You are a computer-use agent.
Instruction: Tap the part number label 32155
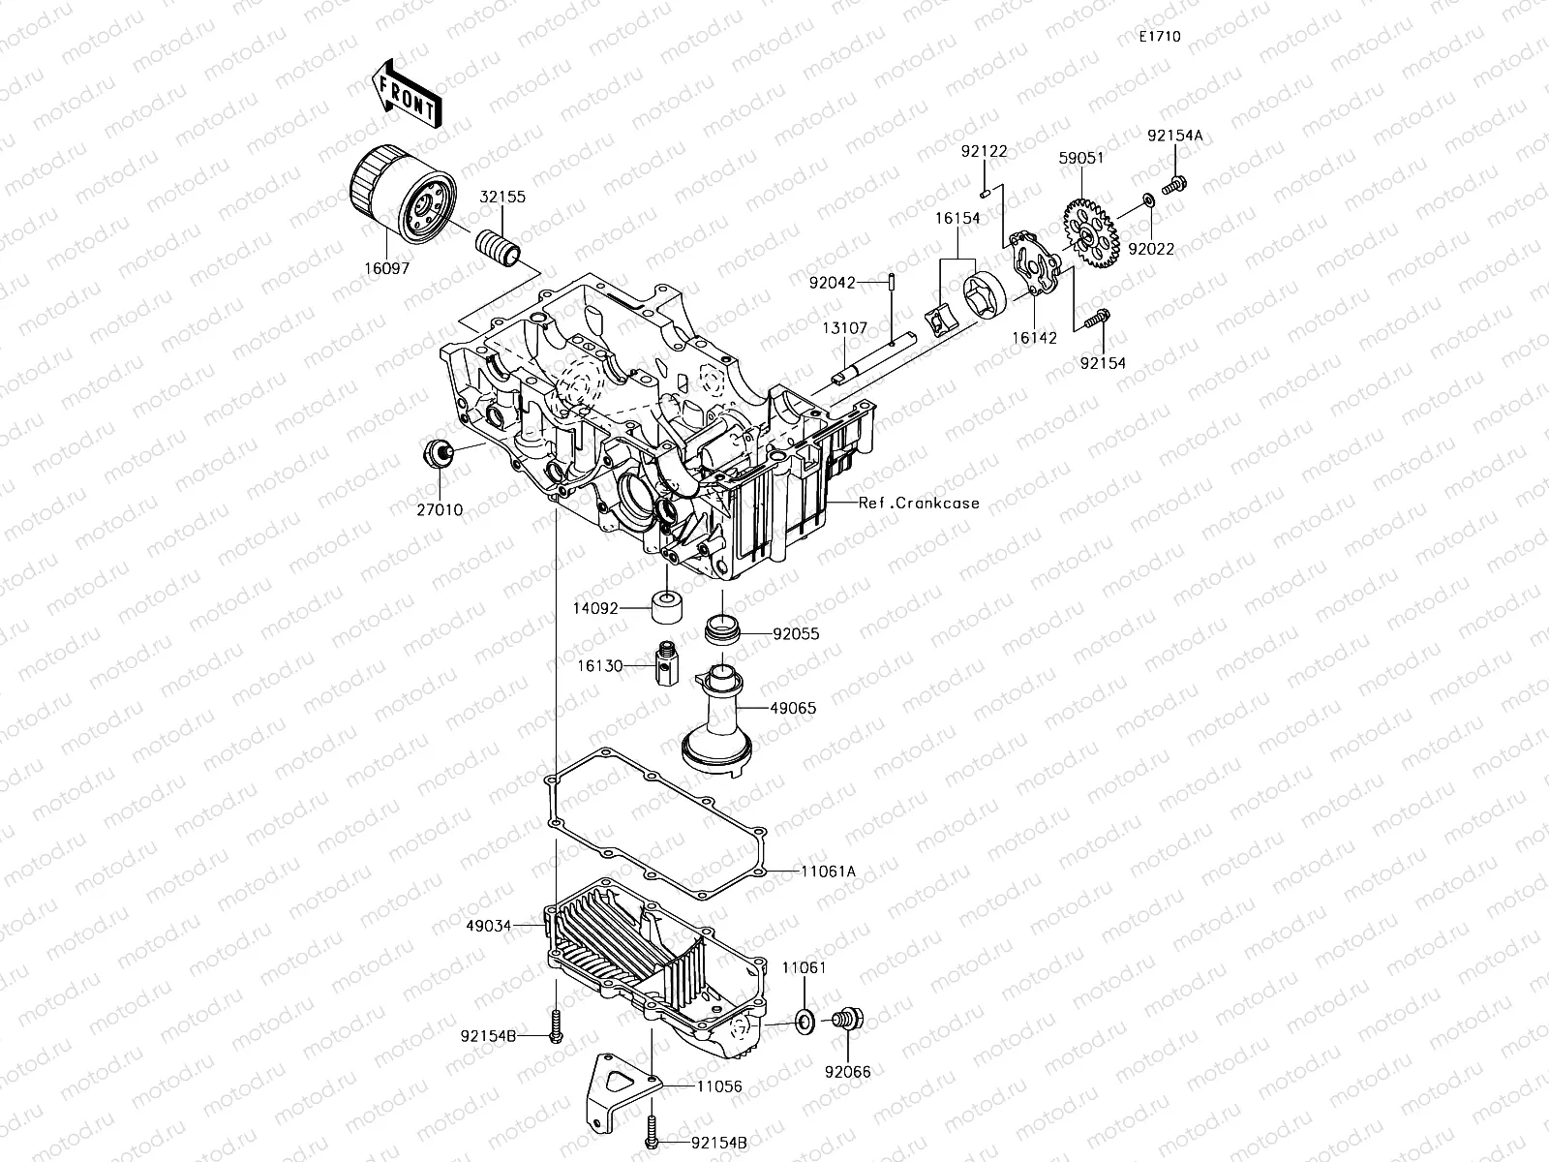coord(503,197)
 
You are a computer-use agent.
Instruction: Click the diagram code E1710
coord(1159,37)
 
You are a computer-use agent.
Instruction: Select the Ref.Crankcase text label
coord(919,503)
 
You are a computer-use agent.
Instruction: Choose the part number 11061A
coord(828,871)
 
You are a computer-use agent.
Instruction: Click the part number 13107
coord(846,328)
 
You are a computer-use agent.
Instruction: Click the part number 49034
coord(488,925)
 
